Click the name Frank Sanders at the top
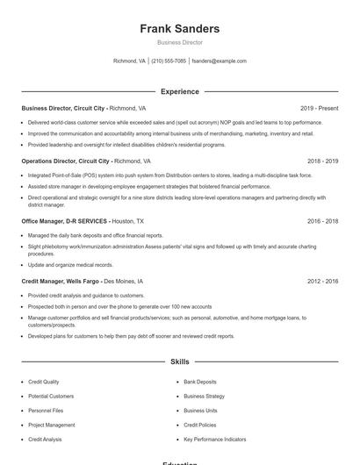click(179, 29)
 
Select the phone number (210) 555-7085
click(169, 61)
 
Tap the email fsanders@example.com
click(219, 61)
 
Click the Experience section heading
click(179, 91)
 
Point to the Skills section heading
click(179, 361)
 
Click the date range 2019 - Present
click(319, 108)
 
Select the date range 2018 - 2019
click(322, 161)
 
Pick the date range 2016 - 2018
click(322, 221)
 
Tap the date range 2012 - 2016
click(322, 281)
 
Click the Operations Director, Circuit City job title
click(67, 161)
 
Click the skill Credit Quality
click(44, 382)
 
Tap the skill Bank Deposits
click(199, 382)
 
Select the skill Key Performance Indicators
click(214, 439)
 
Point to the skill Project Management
click(51, 425)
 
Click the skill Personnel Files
click(46, 411)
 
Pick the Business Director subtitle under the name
click(179, 42)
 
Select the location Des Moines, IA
click(124, 281)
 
